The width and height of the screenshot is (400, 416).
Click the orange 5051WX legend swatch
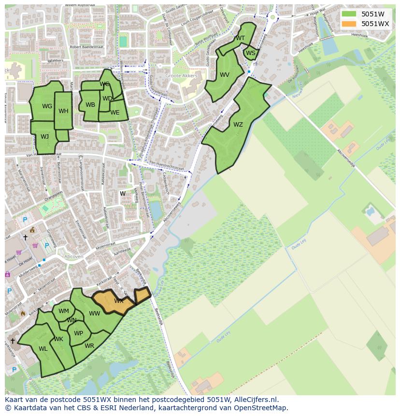pyautogui.click(x=348, y=24)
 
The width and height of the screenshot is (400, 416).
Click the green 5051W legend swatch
pyautogui.click(x=348, y=14)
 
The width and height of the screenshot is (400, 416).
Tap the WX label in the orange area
pyautogui.click(x=118, y=301)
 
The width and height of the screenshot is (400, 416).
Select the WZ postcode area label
pyautogui.click(x=238, y=125)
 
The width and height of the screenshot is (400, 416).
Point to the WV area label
pyautogui.click(x=224, y=75)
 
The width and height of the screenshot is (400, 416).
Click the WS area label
pyautogui.click(x=250, y=53)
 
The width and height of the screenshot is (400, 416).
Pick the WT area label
pyautogui.click(x=240, y=38)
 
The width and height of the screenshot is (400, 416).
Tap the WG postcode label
pyautogui.click(x=47, y=106)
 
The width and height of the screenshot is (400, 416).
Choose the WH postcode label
pyautogui.click(x=63, y=111)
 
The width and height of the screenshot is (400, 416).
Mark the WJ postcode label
pyautogui.click(x=44, y=137)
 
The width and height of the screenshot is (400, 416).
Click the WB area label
pyautogui.click(x=90, y=105)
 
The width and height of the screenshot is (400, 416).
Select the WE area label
pyautogui.click(x=114, y=113)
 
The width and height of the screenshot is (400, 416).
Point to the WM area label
pyautogui.click(x=64, y=311)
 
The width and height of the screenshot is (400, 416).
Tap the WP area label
pyautogui.click(x=78, y=333)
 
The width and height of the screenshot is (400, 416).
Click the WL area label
pyautogui.click(x=43, y=349)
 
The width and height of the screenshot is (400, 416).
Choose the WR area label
pyautogui.click(x=89, y=346)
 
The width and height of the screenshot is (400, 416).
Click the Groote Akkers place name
pyautogui.click(x=179, y=76)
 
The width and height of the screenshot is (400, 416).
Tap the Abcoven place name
pyautogui.click(x=74, y=257)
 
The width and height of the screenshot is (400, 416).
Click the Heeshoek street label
pyautogui.click(x=359, y=35)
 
